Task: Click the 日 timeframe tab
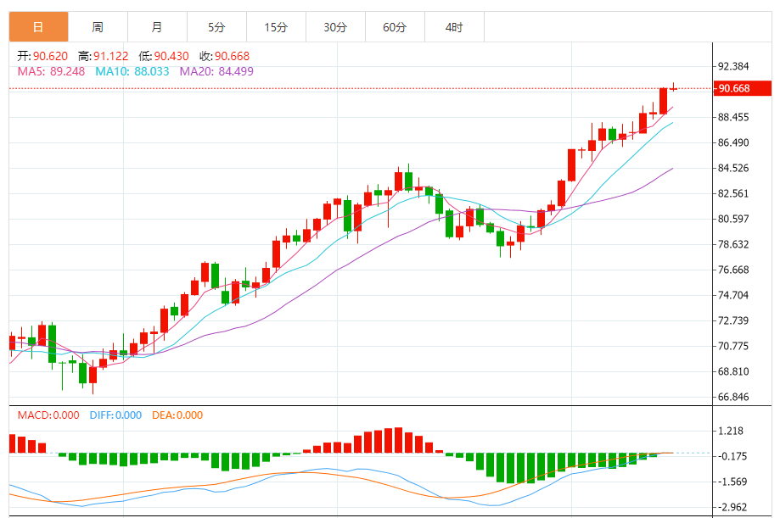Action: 38,27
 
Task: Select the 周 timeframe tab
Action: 98,27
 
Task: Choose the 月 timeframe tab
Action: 157,27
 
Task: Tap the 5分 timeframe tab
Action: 216,27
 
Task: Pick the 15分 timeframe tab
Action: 276,27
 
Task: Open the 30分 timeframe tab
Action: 335,27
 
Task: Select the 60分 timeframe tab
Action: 395,27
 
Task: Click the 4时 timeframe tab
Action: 454,27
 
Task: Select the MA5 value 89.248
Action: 67,71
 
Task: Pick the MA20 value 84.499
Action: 234,71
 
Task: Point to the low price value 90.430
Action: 171,56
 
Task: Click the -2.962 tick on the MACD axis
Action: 732,507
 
